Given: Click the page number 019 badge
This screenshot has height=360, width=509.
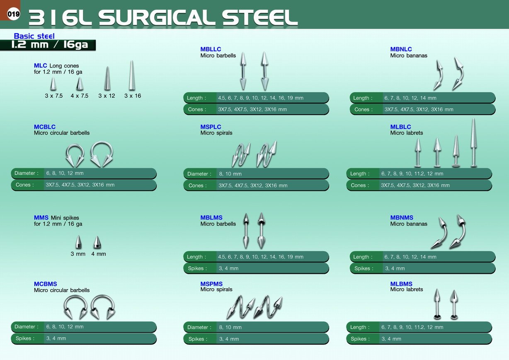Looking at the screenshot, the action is pyautogui.click(x=13, y=14).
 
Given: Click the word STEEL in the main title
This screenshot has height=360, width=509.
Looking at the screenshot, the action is pyautogui.click(x=260, y=17).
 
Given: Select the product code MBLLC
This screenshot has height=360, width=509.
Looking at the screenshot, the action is pyautogui.click(x=211, y=49).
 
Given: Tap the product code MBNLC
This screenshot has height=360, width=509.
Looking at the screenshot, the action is pyautogui.click(x=401, y=49).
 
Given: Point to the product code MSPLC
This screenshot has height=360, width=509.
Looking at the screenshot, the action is pyautogui.click(x=211, y=127).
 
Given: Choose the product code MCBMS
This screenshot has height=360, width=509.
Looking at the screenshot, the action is pyautogui.click(x=46, y=284).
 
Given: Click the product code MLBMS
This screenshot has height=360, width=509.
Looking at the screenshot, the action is pyautogui.click(x=401, y=284).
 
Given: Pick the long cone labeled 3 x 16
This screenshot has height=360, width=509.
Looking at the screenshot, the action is pyautogui.click(x=132, y=75).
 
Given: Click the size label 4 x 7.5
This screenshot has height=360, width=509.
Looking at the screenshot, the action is pyautogui.click(x=79, y=96).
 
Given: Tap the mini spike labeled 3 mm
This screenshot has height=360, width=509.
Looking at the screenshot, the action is pyautogui.click(x=78, y=242).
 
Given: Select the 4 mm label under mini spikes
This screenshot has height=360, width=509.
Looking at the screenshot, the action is pyautogui.click(x=99, y=254).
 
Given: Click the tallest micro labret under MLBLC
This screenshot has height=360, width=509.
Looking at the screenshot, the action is pyautogui.click(x=473, y=143).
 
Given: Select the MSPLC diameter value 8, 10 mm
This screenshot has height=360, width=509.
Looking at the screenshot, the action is pyautogui.click(x=230, y=174).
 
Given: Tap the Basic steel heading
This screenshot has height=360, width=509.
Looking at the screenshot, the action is pyautogui.click(x=34, y=36).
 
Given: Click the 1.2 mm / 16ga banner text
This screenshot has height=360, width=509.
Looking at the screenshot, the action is pyautogui.click(x=50, y=44).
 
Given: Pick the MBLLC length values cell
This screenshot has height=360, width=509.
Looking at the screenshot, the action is pyautogui.click(x=261, y=98).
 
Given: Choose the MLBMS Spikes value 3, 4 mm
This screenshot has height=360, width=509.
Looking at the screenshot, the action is pyautogui.click(x=391, y=339).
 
